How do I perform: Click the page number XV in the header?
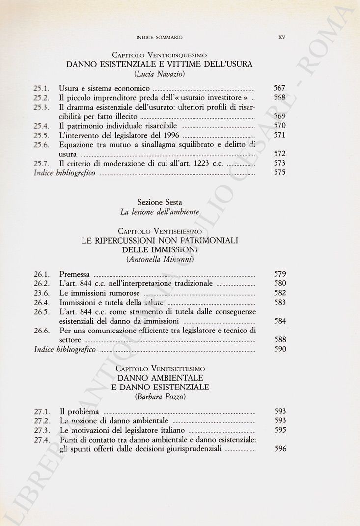(282, 37)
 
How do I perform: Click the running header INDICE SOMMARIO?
(159, 37)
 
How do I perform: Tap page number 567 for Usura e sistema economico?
(279, 89)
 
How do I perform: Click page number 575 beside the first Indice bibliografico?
(279, 173)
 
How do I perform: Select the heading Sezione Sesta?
(159, 202)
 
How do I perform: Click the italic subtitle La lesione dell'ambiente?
(159, 212)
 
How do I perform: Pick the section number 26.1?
(42, 274)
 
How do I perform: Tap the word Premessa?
(74, 274)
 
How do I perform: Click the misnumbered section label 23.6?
(42, 293)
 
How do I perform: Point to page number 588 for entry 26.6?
(279, 340)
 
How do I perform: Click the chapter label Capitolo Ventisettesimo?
(159, 368)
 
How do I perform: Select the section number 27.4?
(42, 440)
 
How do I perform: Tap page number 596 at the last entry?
(279, 449)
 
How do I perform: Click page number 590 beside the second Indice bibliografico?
(279, 349)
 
